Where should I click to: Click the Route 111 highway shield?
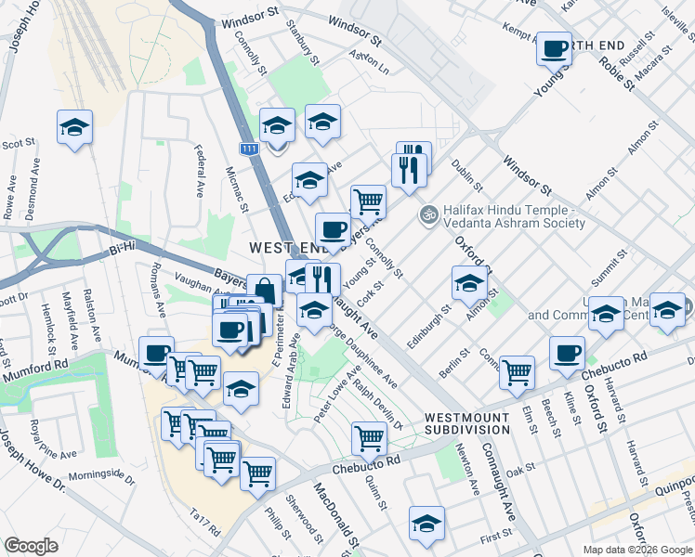pyautogui.click(x=248, y=149)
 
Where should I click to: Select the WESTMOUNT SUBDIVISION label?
pyautogui.click(x=467, y=424)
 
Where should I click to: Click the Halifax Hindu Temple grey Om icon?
pyautogui.click(x=428, y=214)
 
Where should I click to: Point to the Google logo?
pyautogui.click(x=32, y=546)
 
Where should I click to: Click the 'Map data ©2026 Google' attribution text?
pyautogui.click(x=636, y=550)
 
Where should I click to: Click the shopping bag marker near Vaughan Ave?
pyautogui.click(x=264, y=291)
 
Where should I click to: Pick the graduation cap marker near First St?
pyautogui.click(x=427, y=523)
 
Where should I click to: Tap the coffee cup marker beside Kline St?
pyautogui.click(x=567, y=353)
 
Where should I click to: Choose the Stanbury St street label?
pyautogui.click(x=303, y=40)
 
